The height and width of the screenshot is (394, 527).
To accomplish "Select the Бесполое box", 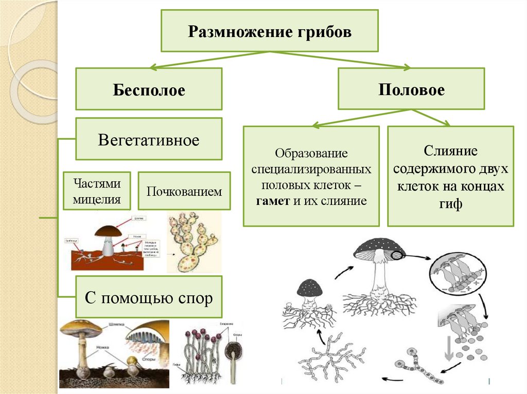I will pos(149,89).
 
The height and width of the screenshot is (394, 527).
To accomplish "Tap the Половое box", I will pos(411,89).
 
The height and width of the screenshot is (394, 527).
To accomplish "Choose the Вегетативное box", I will pos(149,139).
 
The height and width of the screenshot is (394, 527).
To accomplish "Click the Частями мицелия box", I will pos(97,191).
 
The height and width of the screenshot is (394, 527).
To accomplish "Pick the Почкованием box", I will pos(184,191).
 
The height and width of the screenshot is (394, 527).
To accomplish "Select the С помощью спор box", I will pos(149,297).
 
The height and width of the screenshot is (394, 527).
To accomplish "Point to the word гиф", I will pos(451,204).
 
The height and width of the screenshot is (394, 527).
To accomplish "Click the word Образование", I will pos(311,154).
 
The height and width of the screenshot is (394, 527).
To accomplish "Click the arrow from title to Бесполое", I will pos(206,59).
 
